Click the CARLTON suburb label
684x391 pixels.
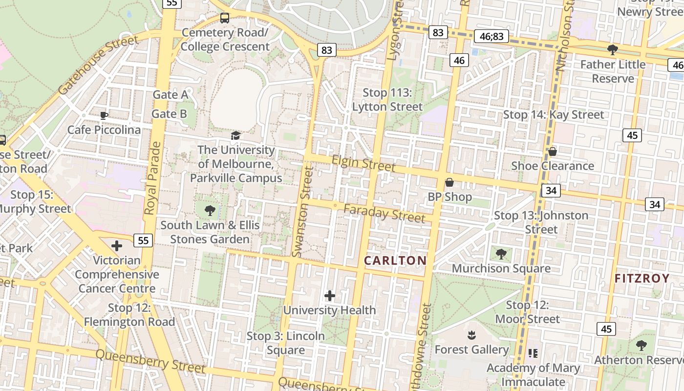pyautogui.click(x=395, y=261)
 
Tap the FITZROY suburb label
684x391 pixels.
pyautogui.click(x=641, y=279)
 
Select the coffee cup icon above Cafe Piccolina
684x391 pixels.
pyautogui.click(x=104, y=116)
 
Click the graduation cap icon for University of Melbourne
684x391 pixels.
pyautogui.click(x=236, y=135)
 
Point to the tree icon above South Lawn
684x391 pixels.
pyautogui.click(x=210, y=211)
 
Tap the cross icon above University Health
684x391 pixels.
pyautogui.click(x=330, y=295)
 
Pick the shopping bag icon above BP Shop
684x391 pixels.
pyautogui.click(x=449, y=183)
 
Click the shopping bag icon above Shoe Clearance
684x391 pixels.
pyautogui.click(x=553, y=152)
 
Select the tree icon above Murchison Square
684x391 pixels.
pyautogui.click(x=501, y=254)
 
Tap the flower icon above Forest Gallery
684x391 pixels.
pyautogui.click(x=471, y=335)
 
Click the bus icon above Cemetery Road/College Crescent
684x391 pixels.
pyautogui.click(x=225, y=18)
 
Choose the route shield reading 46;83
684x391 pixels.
pyautogui.click(x=492, y=36)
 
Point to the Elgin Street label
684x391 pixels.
pyautogui.click(x=363, y=163)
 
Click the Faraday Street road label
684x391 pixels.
pyautogui.click(x=384, y=213)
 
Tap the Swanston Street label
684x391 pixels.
pyautogui.click(x=302, y=211)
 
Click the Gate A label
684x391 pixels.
pyautogui.click(x=170, y=94)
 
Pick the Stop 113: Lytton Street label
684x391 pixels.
pyautogui.click(x=387, y=100)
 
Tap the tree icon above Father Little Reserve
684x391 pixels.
pyautogui.click(x=612, y=49)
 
